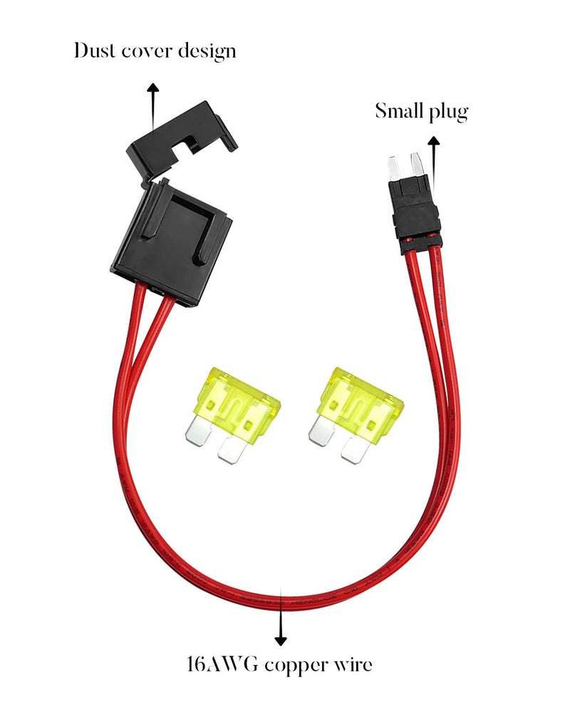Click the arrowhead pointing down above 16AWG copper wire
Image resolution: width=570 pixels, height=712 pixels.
(x=281, y=641)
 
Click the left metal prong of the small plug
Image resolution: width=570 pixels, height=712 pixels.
(x=393, y=167)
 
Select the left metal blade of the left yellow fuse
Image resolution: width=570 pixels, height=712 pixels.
(x=198, y=431)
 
